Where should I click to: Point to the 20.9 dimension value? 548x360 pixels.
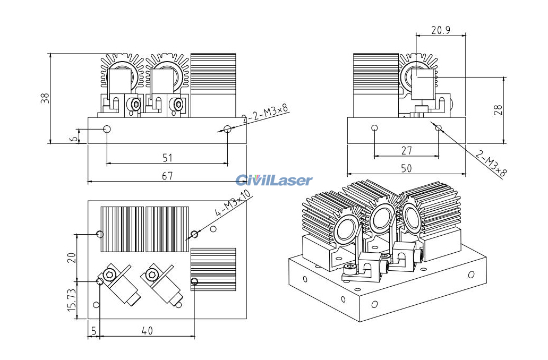[x=440, y=30]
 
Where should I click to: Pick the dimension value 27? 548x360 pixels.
[x=406, y=151]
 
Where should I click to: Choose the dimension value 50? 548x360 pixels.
[x=406, y=168]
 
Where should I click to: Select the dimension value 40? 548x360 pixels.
[x=147, y=330]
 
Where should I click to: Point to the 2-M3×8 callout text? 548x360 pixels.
[x=491, y=164]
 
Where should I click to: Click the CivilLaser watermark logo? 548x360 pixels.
[x=274, y=181]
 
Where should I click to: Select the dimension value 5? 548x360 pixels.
[x=93, y=330]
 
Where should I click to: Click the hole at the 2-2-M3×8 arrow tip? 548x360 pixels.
[x=227, y=128]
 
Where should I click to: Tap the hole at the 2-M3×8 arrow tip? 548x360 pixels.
[x=438, y=127]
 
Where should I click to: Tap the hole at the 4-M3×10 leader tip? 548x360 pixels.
[x=194, y=234]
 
